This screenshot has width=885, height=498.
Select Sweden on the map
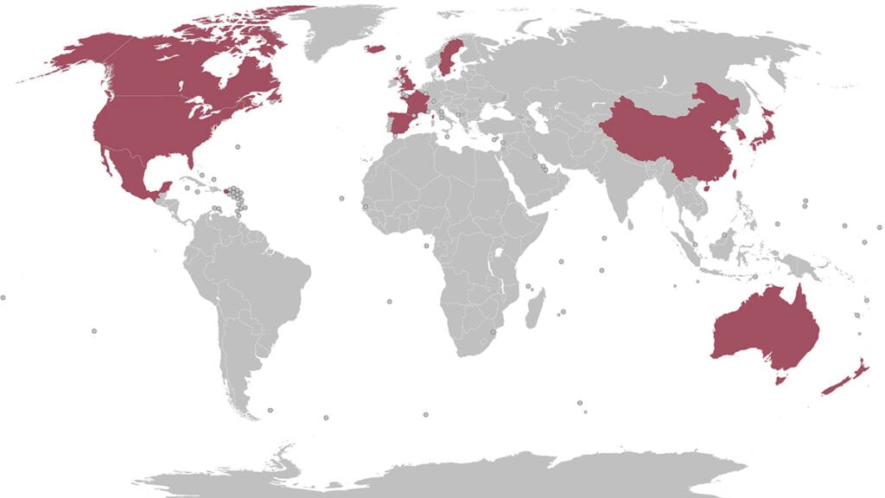pos(448,56)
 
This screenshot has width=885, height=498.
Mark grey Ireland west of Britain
pos(394,83)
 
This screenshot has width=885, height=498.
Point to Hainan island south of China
pos(702,184)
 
